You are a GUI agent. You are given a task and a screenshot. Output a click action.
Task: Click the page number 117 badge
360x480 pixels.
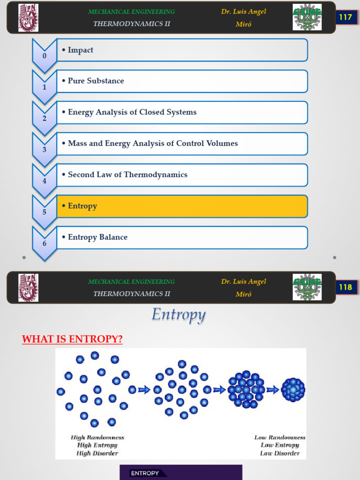(x=345, y=17)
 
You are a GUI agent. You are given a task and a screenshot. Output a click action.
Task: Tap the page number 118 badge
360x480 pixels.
(x=345, y=287)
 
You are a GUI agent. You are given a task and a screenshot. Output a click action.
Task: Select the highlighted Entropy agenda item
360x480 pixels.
(x=182, y=206)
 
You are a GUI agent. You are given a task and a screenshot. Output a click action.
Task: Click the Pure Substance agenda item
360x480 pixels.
(x=182, y=81)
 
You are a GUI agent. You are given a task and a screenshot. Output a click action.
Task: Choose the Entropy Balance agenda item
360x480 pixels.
(x=182, y=238)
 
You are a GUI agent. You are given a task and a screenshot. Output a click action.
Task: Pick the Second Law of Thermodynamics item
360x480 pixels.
(x=182, y=175)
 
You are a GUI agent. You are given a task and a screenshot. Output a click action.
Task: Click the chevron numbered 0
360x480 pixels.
(x=45, y=55)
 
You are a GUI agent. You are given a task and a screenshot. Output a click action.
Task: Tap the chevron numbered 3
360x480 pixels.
(x=45, y=149)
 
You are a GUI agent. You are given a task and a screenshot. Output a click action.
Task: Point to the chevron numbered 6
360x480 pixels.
(x=45, y=243)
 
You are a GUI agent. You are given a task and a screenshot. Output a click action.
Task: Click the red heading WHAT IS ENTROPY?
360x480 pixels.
(x=72, y=339)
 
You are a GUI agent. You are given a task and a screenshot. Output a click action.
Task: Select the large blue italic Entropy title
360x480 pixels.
(x=178, y=315)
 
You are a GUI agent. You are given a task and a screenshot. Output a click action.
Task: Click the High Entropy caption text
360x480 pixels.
(x=97, y=445)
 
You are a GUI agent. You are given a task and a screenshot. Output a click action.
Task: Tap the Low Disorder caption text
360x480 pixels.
(x=280, y=453)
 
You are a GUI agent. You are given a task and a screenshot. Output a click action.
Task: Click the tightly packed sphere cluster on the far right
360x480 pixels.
(x=293, y=390)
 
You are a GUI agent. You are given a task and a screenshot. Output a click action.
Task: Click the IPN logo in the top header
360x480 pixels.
(x=29, y=17)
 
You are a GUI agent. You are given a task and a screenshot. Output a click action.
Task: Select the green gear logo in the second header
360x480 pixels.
(x=307, y=287)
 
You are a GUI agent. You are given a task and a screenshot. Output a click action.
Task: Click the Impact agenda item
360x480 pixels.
(x=182, y=50)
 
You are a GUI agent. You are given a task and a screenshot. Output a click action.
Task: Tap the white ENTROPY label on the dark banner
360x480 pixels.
(x=145, y=473)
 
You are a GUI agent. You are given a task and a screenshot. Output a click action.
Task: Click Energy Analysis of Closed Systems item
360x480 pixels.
(x=182, y=112)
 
